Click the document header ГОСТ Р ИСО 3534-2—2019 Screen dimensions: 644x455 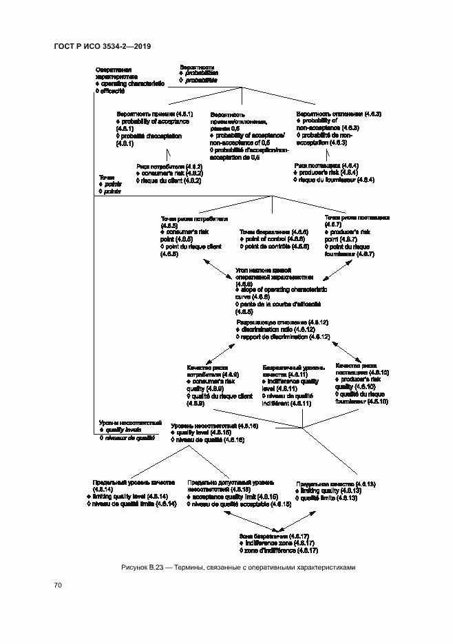coord(102,46)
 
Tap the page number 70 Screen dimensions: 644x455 coord(59,585)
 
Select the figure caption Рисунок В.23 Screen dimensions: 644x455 coord(238,567)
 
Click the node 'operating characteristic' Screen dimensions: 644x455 coord(129,83)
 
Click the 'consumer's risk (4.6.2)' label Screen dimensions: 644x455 coord(169,174)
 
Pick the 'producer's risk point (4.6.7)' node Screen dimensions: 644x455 coord(351,236)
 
